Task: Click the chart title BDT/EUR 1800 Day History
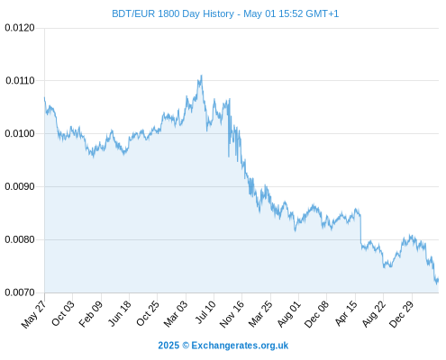coord(173,13)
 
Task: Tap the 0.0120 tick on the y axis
coord(20,28)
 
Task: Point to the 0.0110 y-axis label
coord(20,80)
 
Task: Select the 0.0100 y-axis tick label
coord(20,133)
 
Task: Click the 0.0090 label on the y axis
coord(20,186)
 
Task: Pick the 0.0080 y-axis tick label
coord(20,239)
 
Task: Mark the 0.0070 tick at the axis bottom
coord(20,292)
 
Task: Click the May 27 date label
coord(34,314)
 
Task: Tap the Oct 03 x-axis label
coord(63,313)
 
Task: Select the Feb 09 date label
coord(91,314)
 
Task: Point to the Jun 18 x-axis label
coord(120,313)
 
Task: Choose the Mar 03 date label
coord(176,314)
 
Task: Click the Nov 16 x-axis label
coord(232,314)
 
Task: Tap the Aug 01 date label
coord(288,314)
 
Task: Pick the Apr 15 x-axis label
coord(346,313)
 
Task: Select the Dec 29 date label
coord(401,314)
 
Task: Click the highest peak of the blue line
coord(201,76)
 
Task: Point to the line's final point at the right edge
coord(438,279)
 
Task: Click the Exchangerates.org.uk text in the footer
coord(240,346)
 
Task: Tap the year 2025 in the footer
coord(168,346)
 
